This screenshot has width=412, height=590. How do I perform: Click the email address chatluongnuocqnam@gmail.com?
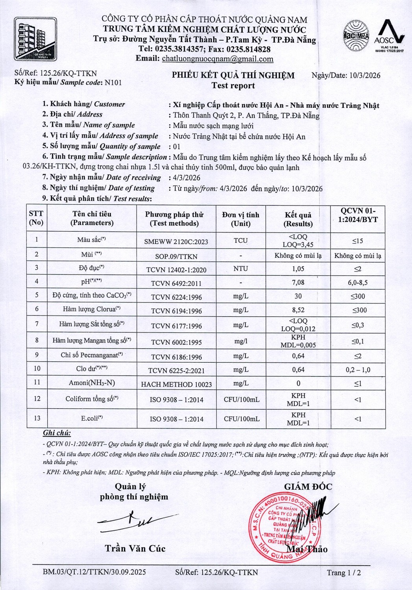click(x=218, y=59)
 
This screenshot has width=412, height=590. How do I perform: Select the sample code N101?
click(x=113, y=83)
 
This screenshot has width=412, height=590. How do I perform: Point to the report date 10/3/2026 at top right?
click(x=364, y=75)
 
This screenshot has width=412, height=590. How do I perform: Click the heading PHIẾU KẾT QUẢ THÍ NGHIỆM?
click(x=233, y=76)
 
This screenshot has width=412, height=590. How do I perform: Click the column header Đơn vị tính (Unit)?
click(x=240, y=219)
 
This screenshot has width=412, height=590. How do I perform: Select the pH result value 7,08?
click(x=298, y=282)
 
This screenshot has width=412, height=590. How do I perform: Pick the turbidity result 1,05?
click(x=298, y=269)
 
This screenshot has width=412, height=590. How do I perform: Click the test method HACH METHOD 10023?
click(x=176, y=384)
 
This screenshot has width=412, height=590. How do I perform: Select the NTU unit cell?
click(x=240, y=269)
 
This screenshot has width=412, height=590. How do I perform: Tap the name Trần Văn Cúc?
click(x=135, y=548)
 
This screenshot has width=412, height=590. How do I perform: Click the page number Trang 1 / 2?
click(x=344, y=573)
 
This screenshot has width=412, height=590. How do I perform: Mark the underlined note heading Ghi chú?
click(x=57, y=433)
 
